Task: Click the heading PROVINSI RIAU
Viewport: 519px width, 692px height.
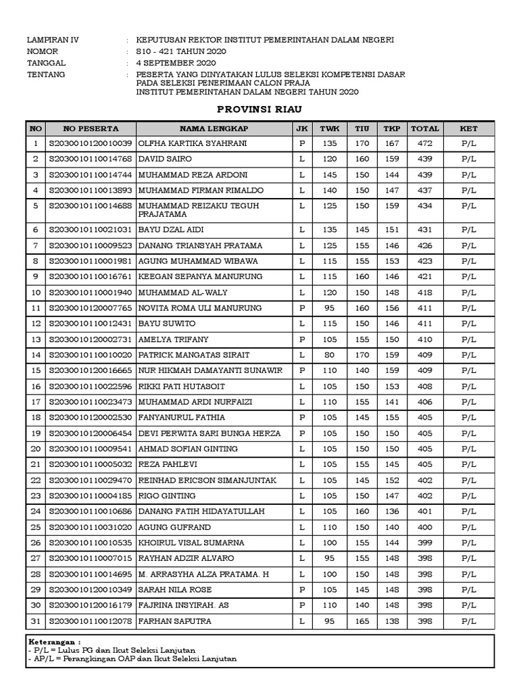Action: [x=259, y=109]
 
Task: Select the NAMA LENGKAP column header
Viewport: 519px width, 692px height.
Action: [x=214, y=128]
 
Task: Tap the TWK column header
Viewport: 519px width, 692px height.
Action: [x=329, y=128]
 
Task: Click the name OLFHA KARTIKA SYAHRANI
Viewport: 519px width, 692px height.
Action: [x=192, y=144]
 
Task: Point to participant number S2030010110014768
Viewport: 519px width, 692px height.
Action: [x=91, y=159]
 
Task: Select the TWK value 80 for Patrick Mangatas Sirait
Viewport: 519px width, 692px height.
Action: [x=329, y=355]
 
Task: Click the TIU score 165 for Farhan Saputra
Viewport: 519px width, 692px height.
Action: [x=362, y=621]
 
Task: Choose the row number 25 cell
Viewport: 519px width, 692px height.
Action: [x=36, y=527]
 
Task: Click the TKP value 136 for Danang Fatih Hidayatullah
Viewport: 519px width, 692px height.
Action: [x=391, y=512]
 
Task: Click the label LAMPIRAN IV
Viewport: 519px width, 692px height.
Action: [x=53, y=40]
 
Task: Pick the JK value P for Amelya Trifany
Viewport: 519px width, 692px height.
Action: [x=302, y=340]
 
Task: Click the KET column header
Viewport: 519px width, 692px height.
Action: [x=468, y=128]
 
